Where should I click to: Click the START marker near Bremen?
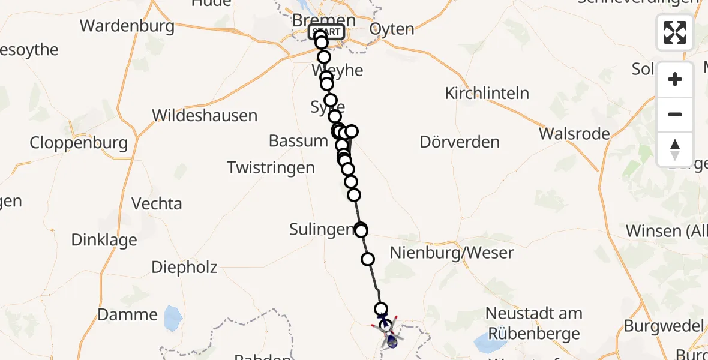(x=326, y=32)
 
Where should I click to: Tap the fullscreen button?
(x=674, y=32)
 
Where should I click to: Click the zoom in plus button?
(x=674, y=79)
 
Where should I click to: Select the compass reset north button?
(x=674, y=149)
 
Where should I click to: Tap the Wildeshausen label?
(x=205, y=115)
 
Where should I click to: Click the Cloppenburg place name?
(x=79, y=143)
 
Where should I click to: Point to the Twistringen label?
(x=271, y=167)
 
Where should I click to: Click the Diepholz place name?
(x=184, y=267)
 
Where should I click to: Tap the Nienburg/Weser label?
(x=452, y=252)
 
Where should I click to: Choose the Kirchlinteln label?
(x=487, y=93)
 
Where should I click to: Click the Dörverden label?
(x=460, y=142)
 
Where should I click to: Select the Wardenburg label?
(x=127, y=26)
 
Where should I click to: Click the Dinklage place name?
(x=104, y=240)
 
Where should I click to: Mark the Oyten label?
(x=392, y=29)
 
